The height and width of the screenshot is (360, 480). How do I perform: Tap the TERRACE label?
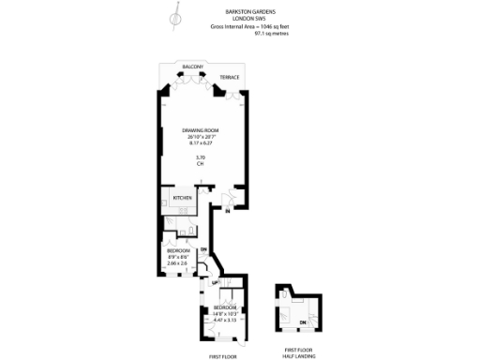click(x=229, y=77)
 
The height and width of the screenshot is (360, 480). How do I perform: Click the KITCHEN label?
click(x=182, y=199)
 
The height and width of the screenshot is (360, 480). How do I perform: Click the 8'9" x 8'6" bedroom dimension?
click(x=178, y=258)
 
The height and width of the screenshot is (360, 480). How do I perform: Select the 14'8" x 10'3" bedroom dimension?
click(x=225, y=314)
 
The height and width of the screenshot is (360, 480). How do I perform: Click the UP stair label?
click(x=215, y=283)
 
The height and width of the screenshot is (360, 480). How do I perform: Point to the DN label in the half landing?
click(x=303, y=323)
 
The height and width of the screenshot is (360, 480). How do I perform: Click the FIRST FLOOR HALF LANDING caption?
click(x=299, y=353)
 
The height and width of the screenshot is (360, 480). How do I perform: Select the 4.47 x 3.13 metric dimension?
click(x=225, y=321)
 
